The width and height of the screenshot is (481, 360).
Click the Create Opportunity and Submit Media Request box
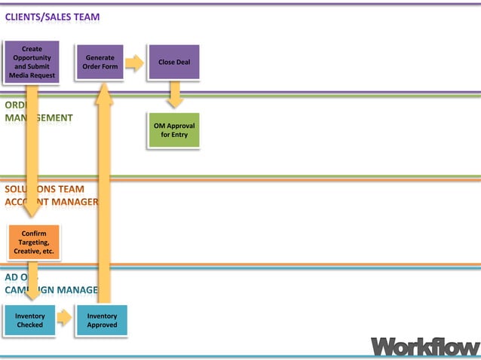click(x=32, y=62)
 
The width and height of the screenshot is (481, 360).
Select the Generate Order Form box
click(x=100, y=62)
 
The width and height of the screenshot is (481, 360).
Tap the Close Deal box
click(x=174, y=62)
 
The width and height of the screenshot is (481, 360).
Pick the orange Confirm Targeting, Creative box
click(x=33, y=242)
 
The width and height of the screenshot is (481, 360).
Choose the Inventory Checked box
click(x=29, y=320)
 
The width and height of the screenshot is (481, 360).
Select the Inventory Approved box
click(x=102, y=320)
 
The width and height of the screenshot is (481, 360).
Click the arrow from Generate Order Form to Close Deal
click(x=134, y=63)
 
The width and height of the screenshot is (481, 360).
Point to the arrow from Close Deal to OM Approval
click(x=175, y=94)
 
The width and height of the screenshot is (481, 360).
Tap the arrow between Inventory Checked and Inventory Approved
click(x=64, y=318)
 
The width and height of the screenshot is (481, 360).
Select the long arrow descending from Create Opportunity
click(x=32, y=151)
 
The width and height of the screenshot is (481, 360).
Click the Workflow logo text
click(x=424, y=346)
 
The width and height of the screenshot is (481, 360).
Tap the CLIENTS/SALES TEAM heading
click(x=52, y=17)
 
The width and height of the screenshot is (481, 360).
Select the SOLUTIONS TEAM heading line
click(x=44, y=189)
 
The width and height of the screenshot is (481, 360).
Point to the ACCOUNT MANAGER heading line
click(x=51, y=202)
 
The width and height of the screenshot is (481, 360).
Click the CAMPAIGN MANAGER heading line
click(x=51, y=289)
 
